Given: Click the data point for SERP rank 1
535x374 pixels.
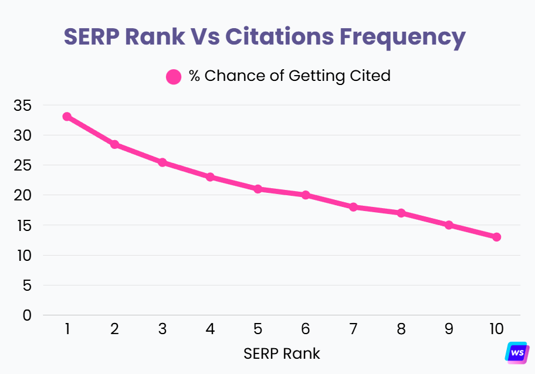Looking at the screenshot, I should tap(67, 117).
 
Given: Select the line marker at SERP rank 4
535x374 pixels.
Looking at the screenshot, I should tap(210, 177).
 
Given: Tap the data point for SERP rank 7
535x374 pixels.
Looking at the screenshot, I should tap(353, 207).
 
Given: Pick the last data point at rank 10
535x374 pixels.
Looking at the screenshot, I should tap(496, 237).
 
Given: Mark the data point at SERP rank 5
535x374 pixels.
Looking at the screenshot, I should tap(258, 189).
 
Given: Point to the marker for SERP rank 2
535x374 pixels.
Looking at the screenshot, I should tap(114, 144).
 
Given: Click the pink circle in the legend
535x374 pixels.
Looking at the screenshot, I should tap(174, 77).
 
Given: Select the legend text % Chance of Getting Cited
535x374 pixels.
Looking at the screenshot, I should tap(289, 76).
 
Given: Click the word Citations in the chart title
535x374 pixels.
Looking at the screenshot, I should tap(279, 36).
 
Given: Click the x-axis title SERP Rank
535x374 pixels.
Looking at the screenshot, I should tap(282, 354).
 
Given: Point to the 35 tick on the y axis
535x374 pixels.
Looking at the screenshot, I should tap(21, 106).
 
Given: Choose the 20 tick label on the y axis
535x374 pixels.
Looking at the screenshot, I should tap(21, 195).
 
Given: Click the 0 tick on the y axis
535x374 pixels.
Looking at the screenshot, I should tap(26, 315).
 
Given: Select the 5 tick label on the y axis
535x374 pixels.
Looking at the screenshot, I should tap(26, 285).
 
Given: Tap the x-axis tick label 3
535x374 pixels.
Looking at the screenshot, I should tap(162, 329).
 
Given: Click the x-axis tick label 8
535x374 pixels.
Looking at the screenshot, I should tap(401, 329).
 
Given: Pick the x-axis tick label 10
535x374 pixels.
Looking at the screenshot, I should tap(496, 329).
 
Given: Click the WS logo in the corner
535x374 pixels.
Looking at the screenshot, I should tap(517, 352).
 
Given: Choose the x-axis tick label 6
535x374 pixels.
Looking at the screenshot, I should tap(306, 329).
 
